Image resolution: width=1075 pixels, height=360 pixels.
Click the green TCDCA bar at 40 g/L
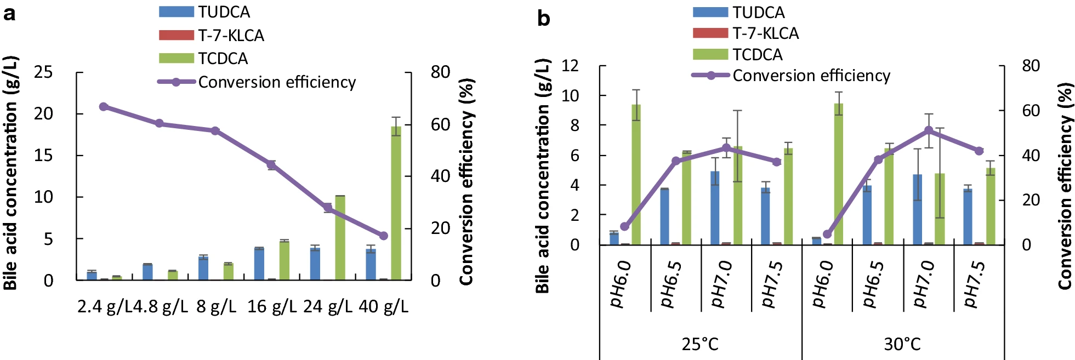[396, 203]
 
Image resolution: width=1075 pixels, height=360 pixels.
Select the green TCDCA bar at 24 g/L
[340, 238]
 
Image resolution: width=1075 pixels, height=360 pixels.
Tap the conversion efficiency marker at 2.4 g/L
[104, 106]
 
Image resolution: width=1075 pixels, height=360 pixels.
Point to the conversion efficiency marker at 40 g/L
[384, 236]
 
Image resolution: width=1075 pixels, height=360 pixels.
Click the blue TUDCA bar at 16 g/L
[259, 264]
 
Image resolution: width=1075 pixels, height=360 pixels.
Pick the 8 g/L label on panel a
[216, 306]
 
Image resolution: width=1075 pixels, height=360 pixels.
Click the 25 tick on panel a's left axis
[43, 72]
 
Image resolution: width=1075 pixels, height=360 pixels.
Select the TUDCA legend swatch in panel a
[176, 12]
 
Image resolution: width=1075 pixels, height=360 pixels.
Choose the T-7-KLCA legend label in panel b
[765, 33]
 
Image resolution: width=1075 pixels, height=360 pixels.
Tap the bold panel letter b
[543, 19]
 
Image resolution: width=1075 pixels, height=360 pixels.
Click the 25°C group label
[700, 344]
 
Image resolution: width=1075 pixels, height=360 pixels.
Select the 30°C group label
[902, 344]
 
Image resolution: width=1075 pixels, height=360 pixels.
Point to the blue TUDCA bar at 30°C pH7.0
[917, 209]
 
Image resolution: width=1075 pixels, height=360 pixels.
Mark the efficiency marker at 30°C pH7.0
[929, 130]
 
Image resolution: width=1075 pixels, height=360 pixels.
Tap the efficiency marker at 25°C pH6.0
[625, 226]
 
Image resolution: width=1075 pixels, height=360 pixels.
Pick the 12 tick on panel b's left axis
[570, 66]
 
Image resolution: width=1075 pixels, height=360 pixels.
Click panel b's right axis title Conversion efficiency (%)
[1065, 186]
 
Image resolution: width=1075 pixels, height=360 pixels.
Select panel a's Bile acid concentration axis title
[10, 173]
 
